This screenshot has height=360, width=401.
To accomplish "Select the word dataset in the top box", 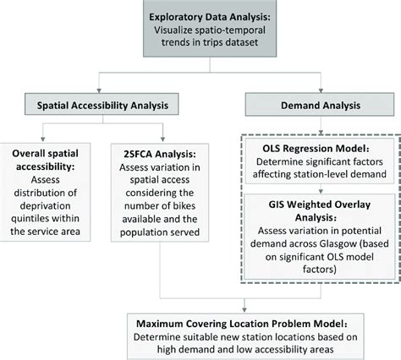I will pos(239,43).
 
